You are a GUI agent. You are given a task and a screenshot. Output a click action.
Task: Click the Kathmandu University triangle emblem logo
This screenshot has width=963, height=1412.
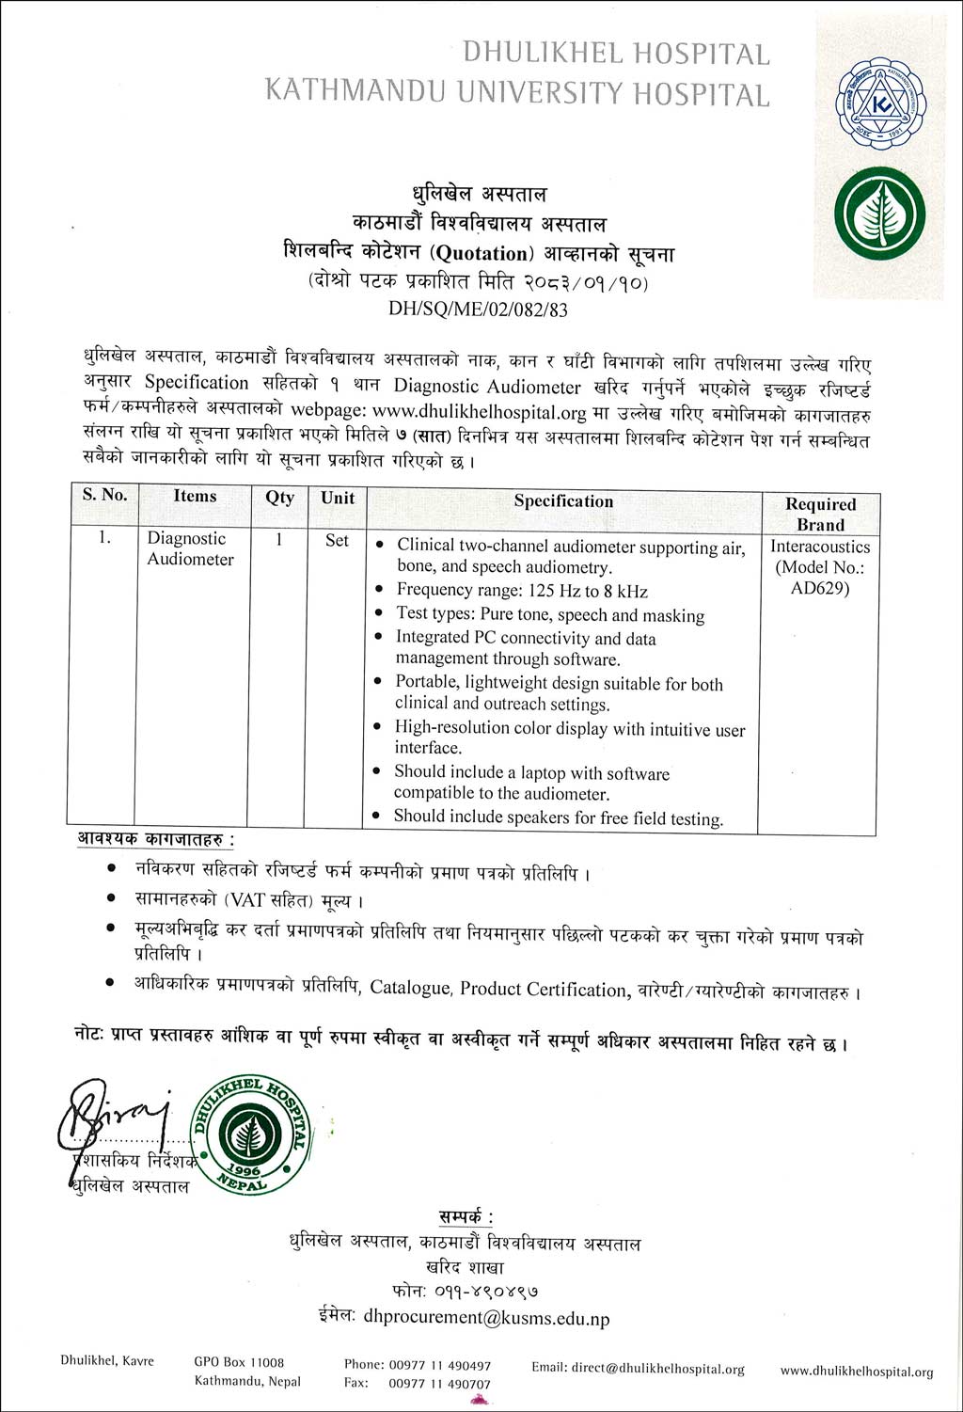click(880, 104)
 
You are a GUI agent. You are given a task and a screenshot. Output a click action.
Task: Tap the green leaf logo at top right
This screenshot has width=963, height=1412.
click(880, 214)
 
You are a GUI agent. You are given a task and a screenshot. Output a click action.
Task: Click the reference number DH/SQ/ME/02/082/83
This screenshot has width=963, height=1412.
click(478, 309)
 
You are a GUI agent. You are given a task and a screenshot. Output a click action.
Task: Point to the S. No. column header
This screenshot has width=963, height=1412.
click(104, 495)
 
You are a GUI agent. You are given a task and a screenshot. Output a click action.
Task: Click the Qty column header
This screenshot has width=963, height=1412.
click(279, 498)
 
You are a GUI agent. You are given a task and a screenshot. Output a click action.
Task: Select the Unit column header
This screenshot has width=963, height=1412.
click(338, 498)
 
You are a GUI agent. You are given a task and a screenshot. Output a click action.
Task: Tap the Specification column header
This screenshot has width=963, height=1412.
click(563, 501)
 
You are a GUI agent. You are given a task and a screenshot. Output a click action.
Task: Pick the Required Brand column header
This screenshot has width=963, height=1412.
click(820, 515)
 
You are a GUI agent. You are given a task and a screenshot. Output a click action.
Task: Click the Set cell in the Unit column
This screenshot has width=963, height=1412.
click(337, 541)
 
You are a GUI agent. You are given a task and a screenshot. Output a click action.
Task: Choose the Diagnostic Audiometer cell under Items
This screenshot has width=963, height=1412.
click(190, 548)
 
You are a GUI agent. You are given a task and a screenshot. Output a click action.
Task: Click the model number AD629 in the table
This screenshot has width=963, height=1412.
click(820, 589)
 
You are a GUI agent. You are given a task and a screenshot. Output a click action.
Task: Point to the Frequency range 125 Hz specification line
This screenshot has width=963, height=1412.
click(522, 591)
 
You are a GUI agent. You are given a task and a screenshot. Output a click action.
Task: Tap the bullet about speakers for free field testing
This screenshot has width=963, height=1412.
click(558, 817)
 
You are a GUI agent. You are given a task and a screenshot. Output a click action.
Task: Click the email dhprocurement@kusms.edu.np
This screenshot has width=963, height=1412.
click(486, 1318)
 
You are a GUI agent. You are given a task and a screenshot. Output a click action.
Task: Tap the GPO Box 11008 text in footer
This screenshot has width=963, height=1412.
click(239, 1362)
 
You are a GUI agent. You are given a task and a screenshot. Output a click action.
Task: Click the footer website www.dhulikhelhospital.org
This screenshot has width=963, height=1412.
click(857, 1372)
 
